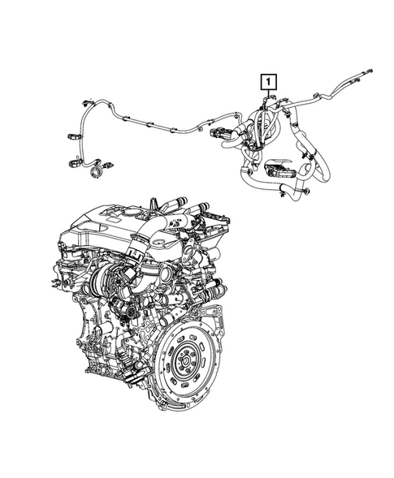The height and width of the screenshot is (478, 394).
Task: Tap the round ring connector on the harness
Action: point(98,170)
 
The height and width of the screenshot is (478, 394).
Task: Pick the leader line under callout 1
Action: point(268,96)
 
